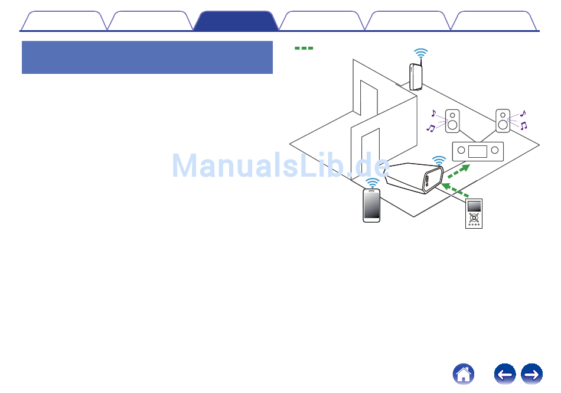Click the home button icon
pyautogui.click(x=464, y=374)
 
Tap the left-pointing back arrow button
pyautogui.click(x=505, y=374)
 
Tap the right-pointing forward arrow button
pyautogui.click(x=531, y=374)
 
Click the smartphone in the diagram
pyautogui.click(x=371, y=205)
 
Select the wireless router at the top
pyautogui.click(x=415, y=76)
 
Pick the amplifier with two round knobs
pyautogui.click(x=477, y=151)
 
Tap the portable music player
pyautogui.click(x=474, y=213)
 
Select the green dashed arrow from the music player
pyautogui.click(x=455, y=190)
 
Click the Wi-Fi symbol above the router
pyautogui.click(x=420, y=54)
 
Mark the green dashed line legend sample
pyautogui.click(x=304, y=48)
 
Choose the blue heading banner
pyautogui.click(x=147, y=57)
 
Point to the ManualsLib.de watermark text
pyautogui.click(x=280, y=166)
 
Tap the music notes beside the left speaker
pyautogui.click(x=432, y=121)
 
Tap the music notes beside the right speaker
pyautogui.click(x=523, y=120)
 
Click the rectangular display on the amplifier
pyautogui.click(x=477, y=151)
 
